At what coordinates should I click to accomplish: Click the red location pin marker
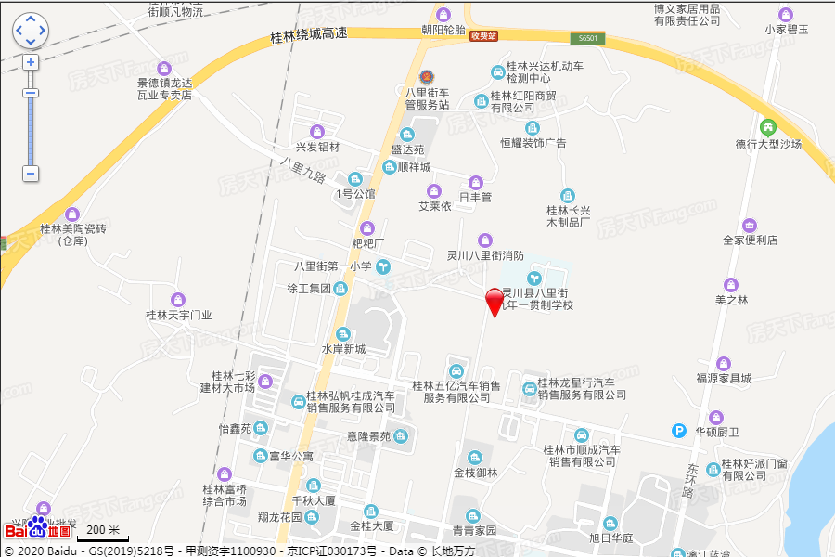click(x=495, y=302)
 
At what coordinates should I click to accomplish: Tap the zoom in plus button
click(x=31, y=62)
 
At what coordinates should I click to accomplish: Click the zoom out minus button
click(x=31, y=173)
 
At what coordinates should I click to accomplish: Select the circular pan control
click(x=31, y=31)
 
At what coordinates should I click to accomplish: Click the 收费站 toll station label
click(x=483, y=36)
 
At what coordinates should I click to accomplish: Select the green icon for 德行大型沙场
click(x=767, y=127)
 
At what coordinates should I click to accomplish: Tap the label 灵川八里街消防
click(x=485, y=255)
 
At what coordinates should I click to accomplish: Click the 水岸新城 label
click(x=343, y=349)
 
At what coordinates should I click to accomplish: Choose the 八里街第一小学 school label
click(x=333, y=266)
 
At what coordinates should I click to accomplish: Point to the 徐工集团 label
click(x=309, y=289)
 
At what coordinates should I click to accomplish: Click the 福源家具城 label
click(x=724, y=378)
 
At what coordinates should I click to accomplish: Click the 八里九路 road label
click(x=302, y=170)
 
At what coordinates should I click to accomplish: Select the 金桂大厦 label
click(x=372, y=525)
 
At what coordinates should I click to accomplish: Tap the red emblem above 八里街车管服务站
click(x=427, y=76)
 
